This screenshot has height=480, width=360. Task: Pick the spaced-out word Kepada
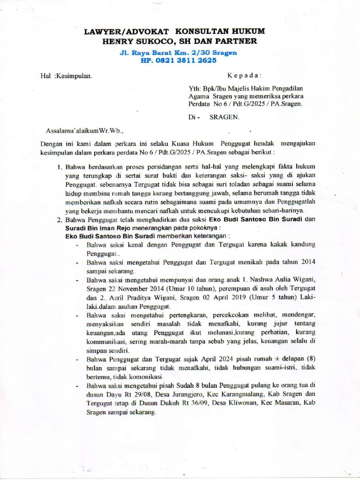tap(244, 75)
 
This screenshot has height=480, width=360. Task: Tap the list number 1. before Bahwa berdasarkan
tap(60, 166)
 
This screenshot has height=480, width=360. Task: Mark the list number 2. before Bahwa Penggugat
tap(60, 219)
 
